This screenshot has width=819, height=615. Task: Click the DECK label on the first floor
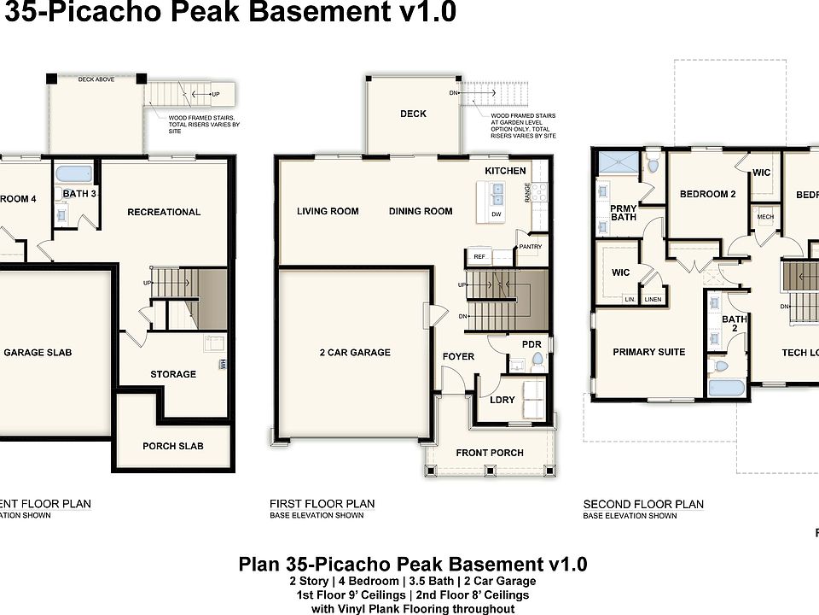[x=413, y=114]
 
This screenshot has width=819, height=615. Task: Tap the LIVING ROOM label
[x=328, y=211]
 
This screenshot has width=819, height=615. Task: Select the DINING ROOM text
[x=421, y=211]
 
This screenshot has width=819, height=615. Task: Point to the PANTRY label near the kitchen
[x=530, y=247]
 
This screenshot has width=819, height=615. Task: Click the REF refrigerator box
[x=479, y=255]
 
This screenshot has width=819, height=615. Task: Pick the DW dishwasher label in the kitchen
[x=496, y=214]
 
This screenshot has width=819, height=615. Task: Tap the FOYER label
[x=458, y=356]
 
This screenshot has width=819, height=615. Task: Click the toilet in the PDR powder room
[x=537, y=362]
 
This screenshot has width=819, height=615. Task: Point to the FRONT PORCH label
[x=489, y=452]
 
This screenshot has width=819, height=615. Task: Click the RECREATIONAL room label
[x=164, y=212]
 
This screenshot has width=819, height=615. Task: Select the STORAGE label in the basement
[x=173, y=374]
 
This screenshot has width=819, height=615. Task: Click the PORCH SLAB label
[x=172, y=445]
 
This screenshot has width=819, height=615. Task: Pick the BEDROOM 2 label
[x=707, y=194]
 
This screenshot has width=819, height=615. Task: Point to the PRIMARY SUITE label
[x=648, y=352]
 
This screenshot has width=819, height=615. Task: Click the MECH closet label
[x=765, y=217]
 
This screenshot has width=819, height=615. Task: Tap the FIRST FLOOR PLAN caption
[x=322, y=504]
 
